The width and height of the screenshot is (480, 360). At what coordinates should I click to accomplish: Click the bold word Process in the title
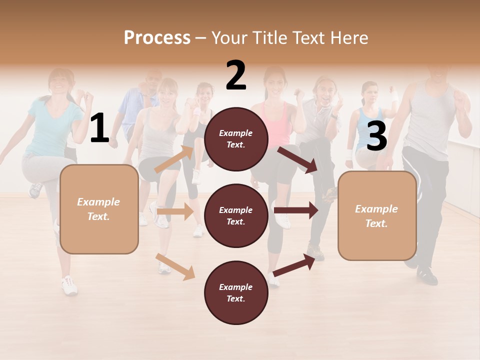[x=157, y=38]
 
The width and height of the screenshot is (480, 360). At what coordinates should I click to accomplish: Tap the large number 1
[x=99, y=128]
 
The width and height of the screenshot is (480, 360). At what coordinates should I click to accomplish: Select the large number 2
[x=236, y=76]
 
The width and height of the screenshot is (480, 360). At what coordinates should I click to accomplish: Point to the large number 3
[x=376, y=136]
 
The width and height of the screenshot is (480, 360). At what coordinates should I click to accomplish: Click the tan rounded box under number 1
[x=99, y=209]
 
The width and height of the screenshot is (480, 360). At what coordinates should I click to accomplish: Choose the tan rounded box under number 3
[x=377, y=216]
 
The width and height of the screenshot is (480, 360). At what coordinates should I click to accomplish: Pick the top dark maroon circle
[x=236, y=139]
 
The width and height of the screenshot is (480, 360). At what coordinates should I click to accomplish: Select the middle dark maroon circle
[x=236, y=215]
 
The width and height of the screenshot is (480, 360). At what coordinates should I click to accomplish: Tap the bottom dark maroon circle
[x=236, y=292]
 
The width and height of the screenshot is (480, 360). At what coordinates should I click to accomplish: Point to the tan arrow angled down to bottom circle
[x=175, y=266]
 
